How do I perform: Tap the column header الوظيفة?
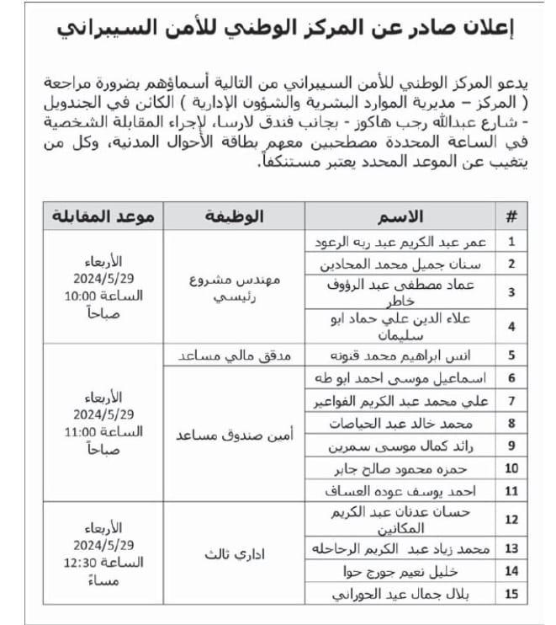pyautogui.click(x=235, y=216)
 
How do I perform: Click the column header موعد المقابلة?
pyautogui.click(x=103, y=216)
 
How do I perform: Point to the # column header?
pyautogui.click(x=511, y=216)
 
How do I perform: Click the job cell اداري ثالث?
pyautogui.click(x=236, y=556)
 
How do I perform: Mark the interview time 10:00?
pyautogui.click(x=103, y=296)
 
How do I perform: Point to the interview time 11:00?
pyautogui.click(x=103, y=432)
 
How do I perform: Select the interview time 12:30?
pyautogui.click(x=103, y=563)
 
